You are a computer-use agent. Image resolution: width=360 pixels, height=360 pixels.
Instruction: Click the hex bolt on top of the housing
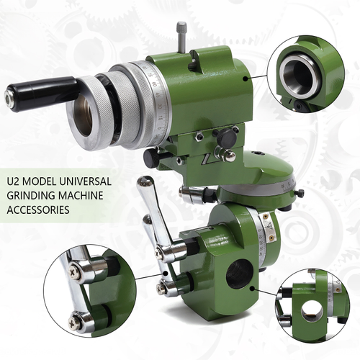[181, 30]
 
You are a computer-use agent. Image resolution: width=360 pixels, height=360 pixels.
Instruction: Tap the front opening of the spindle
[84, 116]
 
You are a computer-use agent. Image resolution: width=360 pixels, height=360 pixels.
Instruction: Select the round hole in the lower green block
[239, 274]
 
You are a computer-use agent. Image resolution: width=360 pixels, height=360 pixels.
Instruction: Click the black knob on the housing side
[228, 138]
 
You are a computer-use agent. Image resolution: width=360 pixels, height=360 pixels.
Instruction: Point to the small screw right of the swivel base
[300, 193]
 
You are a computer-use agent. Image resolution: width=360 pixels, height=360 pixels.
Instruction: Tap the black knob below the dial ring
[152, 157]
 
